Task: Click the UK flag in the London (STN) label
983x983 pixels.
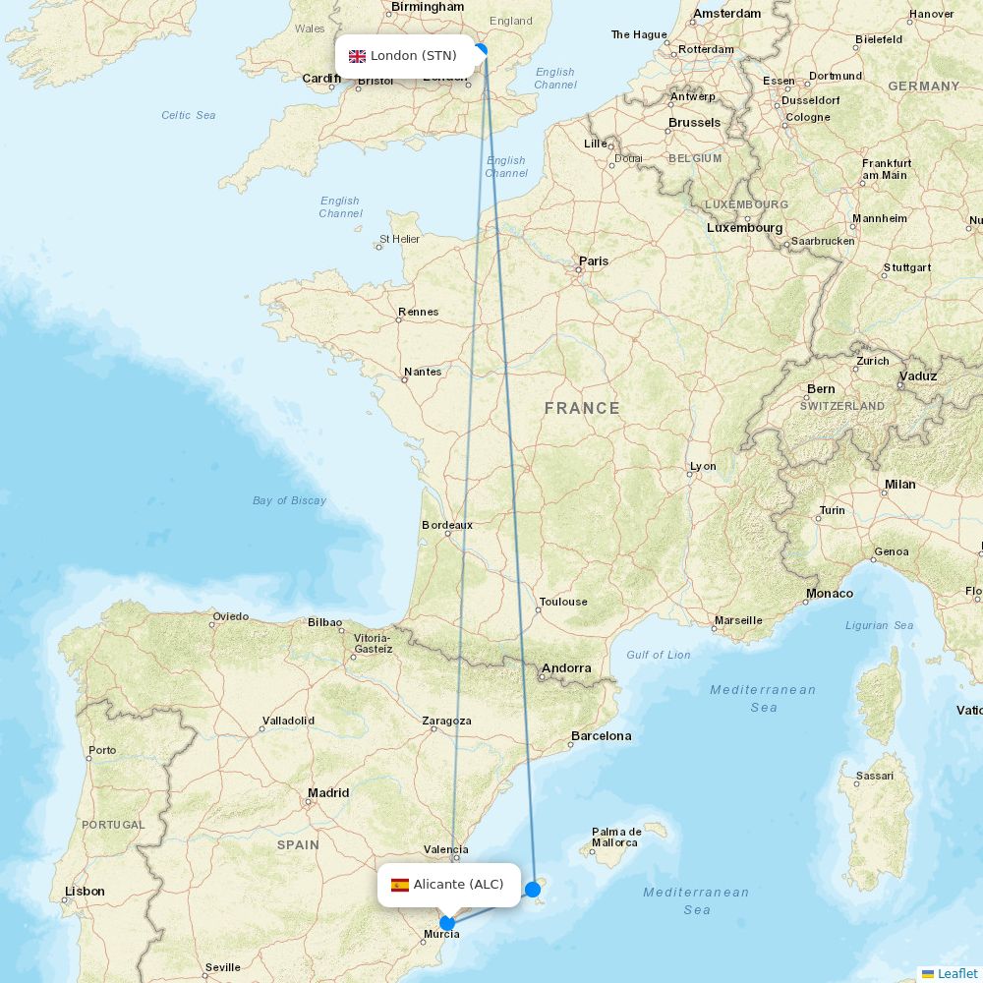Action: click(x=357, y=56)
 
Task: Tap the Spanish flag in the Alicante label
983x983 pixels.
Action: click(x=400, y=885)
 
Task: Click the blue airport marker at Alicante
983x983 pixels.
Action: click(x=447, y=923)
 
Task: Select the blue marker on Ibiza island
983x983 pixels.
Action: click(x=533, y=890)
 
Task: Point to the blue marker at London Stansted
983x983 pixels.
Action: click(x=480, y=50)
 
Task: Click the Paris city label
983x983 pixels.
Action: click(x=594, y=261)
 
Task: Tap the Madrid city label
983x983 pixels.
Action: click(x=328, y=793)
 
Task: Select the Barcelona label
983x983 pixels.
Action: click(x=601, y=736)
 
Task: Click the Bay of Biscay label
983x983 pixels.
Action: click(x=289, y=500)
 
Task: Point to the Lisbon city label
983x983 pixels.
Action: click(x=85, y=892)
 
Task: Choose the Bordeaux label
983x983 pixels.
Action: click(x=447, y=525)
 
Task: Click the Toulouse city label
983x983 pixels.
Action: click(x=563, y=602)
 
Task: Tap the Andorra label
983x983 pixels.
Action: click(x=566, y=668)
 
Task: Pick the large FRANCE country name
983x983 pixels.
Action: click(x=582, y=408)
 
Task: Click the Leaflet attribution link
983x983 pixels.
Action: click(x=956, y=973)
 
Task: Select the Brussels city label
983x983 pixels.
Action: click(x=694, y=123)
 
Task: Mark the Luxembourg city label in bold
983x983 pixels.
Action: click(x=744, y=228)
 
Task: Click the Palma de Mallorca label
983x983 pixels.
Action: click(x=615, y=838)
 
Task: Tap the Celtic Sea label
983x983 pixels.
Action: click(x=189, y=115)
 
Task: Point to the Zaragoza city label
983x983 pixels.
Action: click(x=446, y=721)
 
